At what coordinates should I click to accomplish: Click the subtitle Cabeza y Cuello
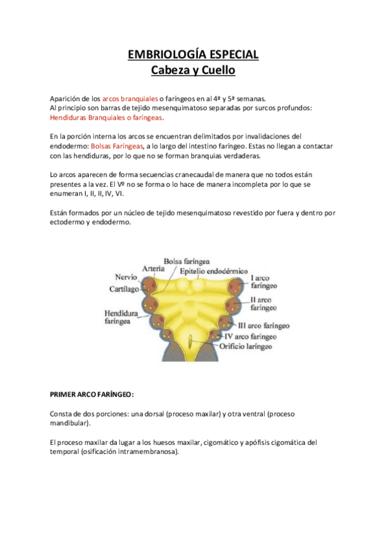tap(193, 69)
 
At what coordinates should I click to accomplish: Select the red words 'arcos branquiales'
tap(130, 99)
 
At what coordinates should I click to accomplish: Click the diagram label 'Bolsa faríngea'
tap(187, 261)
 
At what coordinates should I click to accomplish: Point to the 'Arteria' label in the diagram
tap(153, 268)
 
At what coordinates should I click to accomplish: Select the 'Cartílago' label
tap(124, 290)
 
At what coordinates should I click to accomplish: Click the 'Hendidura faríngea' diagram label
tap(120, 317)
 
